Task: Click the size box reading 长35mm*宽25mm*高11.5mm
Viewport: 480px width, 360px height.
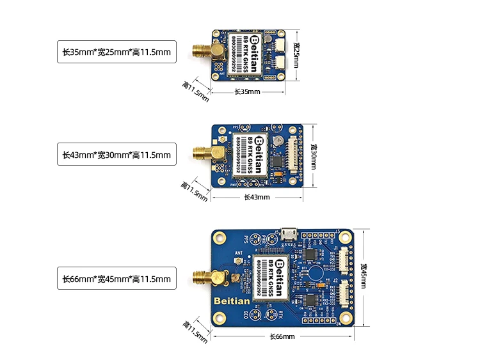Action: (116, 52)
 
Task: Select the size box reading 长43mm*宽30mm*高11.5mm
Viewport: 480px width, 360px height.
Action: (116, 154)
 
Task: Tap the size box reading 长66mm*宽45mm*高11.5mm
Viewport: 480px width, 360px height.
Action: (116, 279)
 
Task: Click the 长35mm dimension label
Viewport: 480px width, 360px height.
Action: (247, 91)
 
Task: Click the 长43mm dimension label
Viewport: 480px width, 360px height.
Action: (257, 197)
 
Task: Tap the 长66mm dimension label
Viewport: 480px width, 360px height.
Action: (282, 336)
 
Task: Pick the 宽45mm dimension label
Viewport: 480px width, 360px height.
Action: (363, 276)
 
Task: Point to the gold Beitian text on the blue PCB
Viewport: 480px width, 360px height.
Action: (229, 299)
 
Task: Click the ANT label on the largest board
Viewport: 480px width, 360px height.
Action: (239, 253)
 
